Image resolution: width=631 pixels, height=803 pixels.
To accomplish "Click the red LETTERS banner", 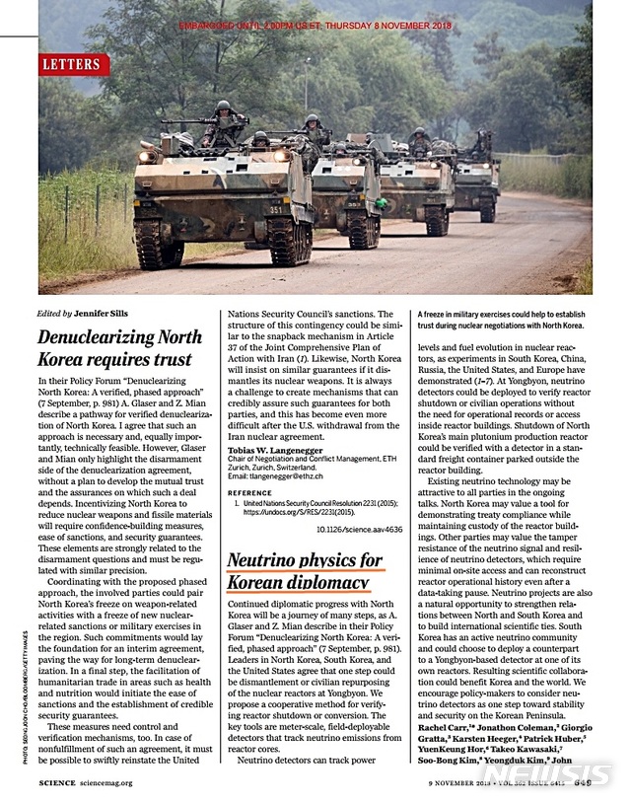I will pos(72,65).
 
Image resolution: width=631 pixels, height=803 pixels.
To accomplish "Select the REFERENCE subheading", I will pos(250,491).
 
